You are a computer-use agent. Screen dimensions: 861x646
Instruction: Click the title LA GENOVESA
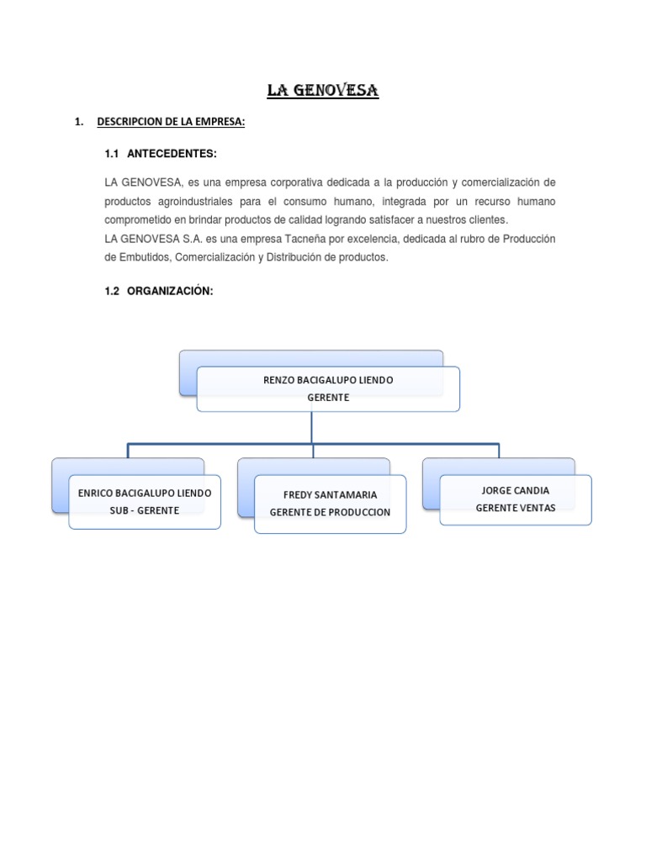tap(323, 91)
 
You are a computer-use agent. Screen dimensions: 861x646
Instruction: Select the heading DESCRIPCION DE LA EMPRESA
tap(171, 123)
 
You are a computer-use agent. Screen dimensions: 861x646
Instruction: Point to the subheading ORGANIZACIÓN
tap(171, 291)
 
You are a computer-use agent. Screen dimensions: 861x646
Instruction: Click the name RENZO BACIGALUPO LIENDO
tap(328, 381)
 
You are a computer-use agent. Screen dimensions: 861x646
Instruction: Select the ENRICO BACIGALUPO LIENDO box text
tap(145, 493)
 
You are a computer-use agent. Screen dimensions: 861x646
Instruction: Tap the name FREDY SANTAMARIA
tap(330, 495)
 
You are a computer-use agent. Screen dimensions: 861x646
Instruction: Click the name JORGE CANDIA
tap(516, 490)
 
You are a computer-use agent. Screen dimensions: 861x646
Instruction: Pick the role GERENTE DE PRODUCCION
tap(330, 512)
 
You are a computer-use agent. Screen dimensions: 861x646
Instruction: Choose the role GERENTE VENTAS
tap(516, 508)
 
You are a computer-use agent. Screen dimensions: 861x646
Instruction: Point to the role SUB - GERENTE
tap(145, 510)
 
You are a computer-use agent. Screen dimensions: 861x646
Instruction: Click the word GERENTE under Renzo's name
tap(328, 398)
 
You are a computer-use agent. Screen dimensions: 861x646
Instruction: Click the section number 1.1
tap(113, 153)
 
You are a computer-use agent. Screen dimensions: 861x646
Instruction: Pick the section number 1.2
tap(113, 291)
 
